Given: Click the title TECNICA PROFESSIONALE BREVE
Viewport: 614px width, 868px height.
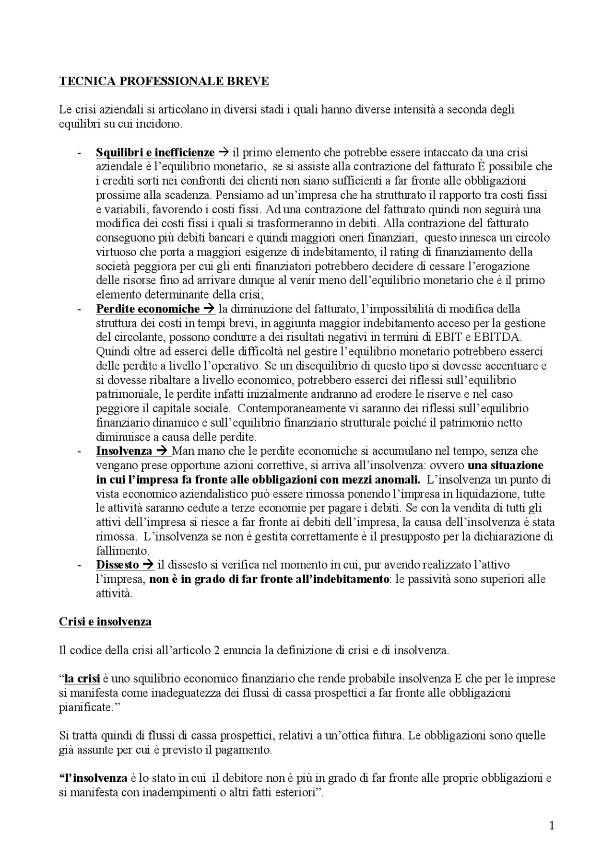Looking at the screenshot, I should pyautogui.click(x=164, y=81).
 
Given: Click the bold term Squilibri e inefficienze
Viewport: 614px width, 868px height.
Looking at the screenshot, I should pyautogui.click(x=155, y=152).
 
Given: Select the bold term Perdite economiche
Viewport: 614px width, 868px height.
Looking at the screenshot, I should pyautogui.click(x=147, y=309).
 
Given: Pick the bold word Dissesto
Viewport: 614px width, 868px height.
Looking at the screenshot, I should pyautogui.click(x=117, y=565).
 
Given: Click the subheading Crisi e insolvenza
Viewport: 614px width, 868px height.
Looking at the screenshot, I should pyautogui.click(x=105, y=622).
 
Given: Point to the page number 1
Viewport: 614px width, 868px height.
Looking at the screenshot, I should pyautogui.click(x=551, y=839).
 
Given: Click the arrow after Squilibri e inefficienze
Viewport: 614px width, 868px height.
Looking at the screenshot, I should pyautogui.click(x=223, y=152).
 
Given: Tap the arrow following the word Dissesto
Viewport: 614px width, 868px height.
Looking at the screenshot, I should pyautogui.click(x=149, y=565).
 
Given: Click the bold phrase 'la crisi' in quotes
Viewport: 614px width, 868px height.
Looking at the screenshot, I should pyautogui.click(x=82, y=679).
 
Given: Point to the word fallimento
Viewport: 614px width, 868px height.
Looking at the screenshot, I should pyautogui.click(x=122, y=551).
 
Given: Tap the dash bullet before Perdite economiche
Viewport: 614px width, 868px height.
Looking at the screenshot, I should pyautogui.click(x=78, y=309).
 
